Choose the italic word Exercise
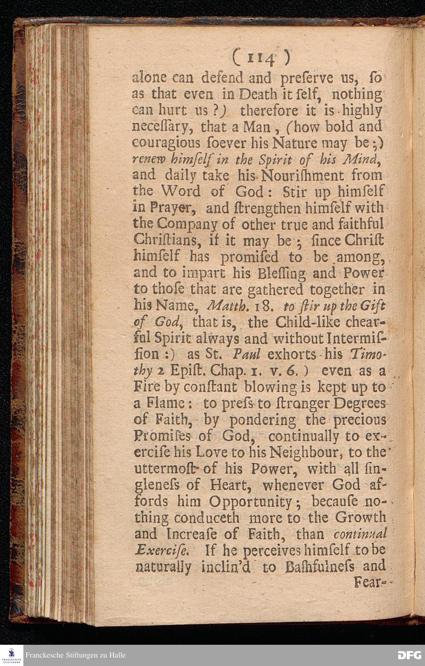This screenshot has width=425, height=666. [x=162, y=550]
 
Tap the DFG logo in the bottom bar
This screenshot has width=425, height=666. [x=409, y=655]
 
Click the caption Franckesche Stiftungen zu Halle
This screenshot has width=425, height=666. [x=75, y=655]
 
